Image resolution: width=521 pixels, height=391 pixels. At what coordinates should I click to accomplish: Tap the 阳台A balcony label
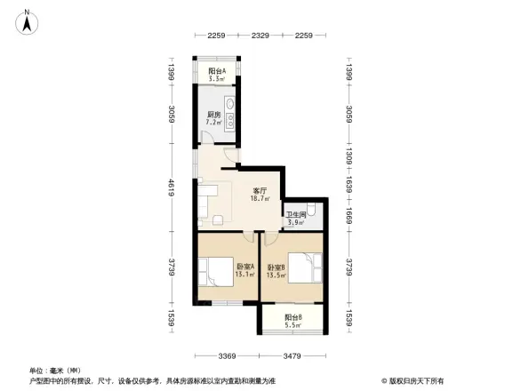pos(216,70)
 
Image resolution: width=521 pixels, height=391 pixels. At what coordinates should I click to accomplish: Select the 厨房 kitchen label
pos(213,114)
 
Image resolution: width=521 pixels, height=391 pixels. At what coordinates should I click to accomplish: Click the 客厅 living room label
pos(260,190)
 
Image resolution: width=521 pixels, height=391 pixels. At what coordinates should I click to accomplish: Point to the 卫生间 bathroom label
pos(296,215)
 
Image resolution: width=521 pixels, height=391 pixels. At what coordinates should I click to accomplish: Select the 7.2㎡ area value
pos(214,124)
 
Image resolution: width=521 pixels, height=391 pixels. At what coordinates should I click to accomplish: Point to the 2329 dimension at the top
pos(260,36)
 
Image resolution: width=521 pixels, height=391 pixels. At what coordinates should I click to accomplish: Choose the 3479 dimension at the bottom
pos(296,357)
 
